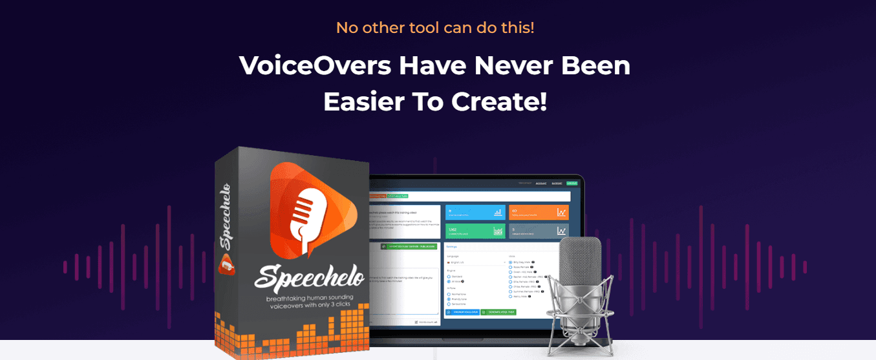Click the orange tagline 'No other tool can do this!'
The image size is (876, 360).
(x=434, y=28)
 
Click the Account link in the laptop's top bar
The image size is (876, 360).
(x=541, y=184)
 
